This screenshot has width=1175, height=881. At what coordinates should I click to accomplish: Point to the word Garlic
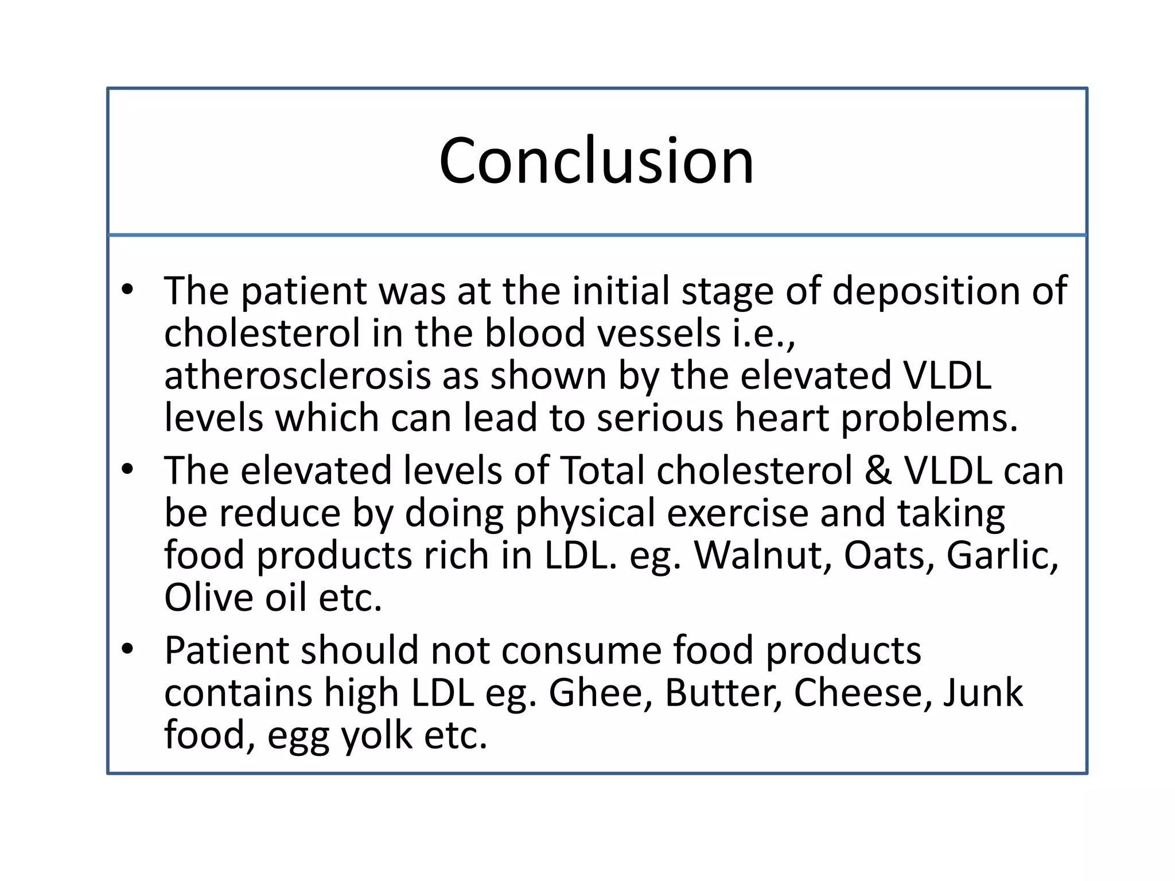[1002, 555]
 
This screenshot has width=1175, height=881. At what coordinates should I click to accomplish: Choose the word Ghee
[600, 692]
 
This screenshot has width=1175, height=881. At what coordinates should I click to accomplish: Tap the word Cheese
[858, 692]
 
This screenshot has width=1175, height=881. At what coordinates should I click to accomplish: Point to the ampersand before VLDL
[878, 471]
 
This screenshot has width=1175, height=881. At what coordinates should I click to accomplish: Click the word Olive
[208, 598]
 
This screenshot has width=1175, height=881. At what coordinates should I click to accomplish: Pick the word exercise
[737, 513]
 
